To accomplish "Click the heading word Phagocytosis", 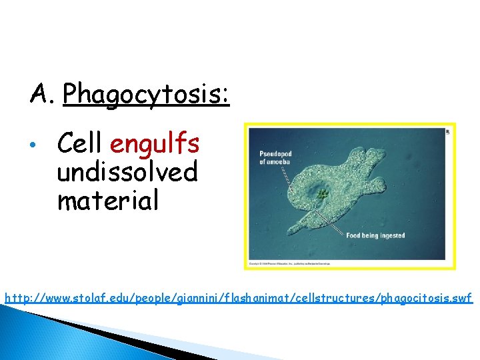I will pyautogui.click(x=146, y=95).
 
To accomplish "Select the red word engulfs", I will pyautogui.click(x=156, y=143).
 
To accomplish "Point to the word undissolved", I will pyautogui.click(x=127, y=172).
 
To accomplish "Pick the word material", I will pyautogui.click(x=108, y=200).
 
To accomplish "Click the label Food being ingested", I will pyautogui.click(x=375, y=235).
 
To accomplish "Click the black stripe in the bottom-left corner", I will pyautogui.click(x=100, y=333).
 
